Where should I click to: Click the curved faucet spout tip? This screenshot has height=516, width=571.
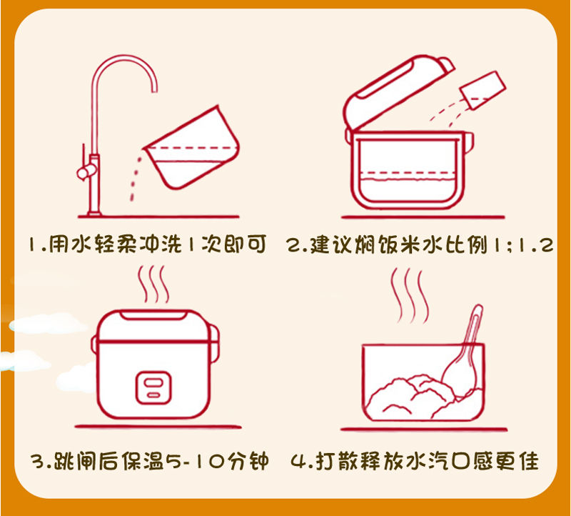tap(154, 90)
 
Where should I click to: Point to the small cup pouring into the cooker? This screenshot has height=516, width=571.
tap(483, 90)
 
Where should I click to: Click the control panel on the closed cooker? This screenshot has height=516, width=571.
tap(153, 387)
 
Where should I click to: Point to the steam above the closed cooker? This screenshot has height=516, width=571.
tap(153, 284)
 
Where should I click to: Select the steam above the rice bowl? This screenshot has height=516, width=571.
tap(409, 296)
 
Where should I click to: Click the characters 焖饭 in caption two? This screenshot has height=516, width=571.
tap(376, 244)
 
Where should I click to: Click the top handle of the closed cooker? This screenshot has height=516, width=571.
tap(153, 315)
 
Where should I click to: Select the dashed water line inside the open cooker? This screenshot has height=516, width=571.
tap(406, 173)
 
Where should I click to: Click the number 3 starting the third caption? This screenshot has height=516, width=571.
tap(38, 462)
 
